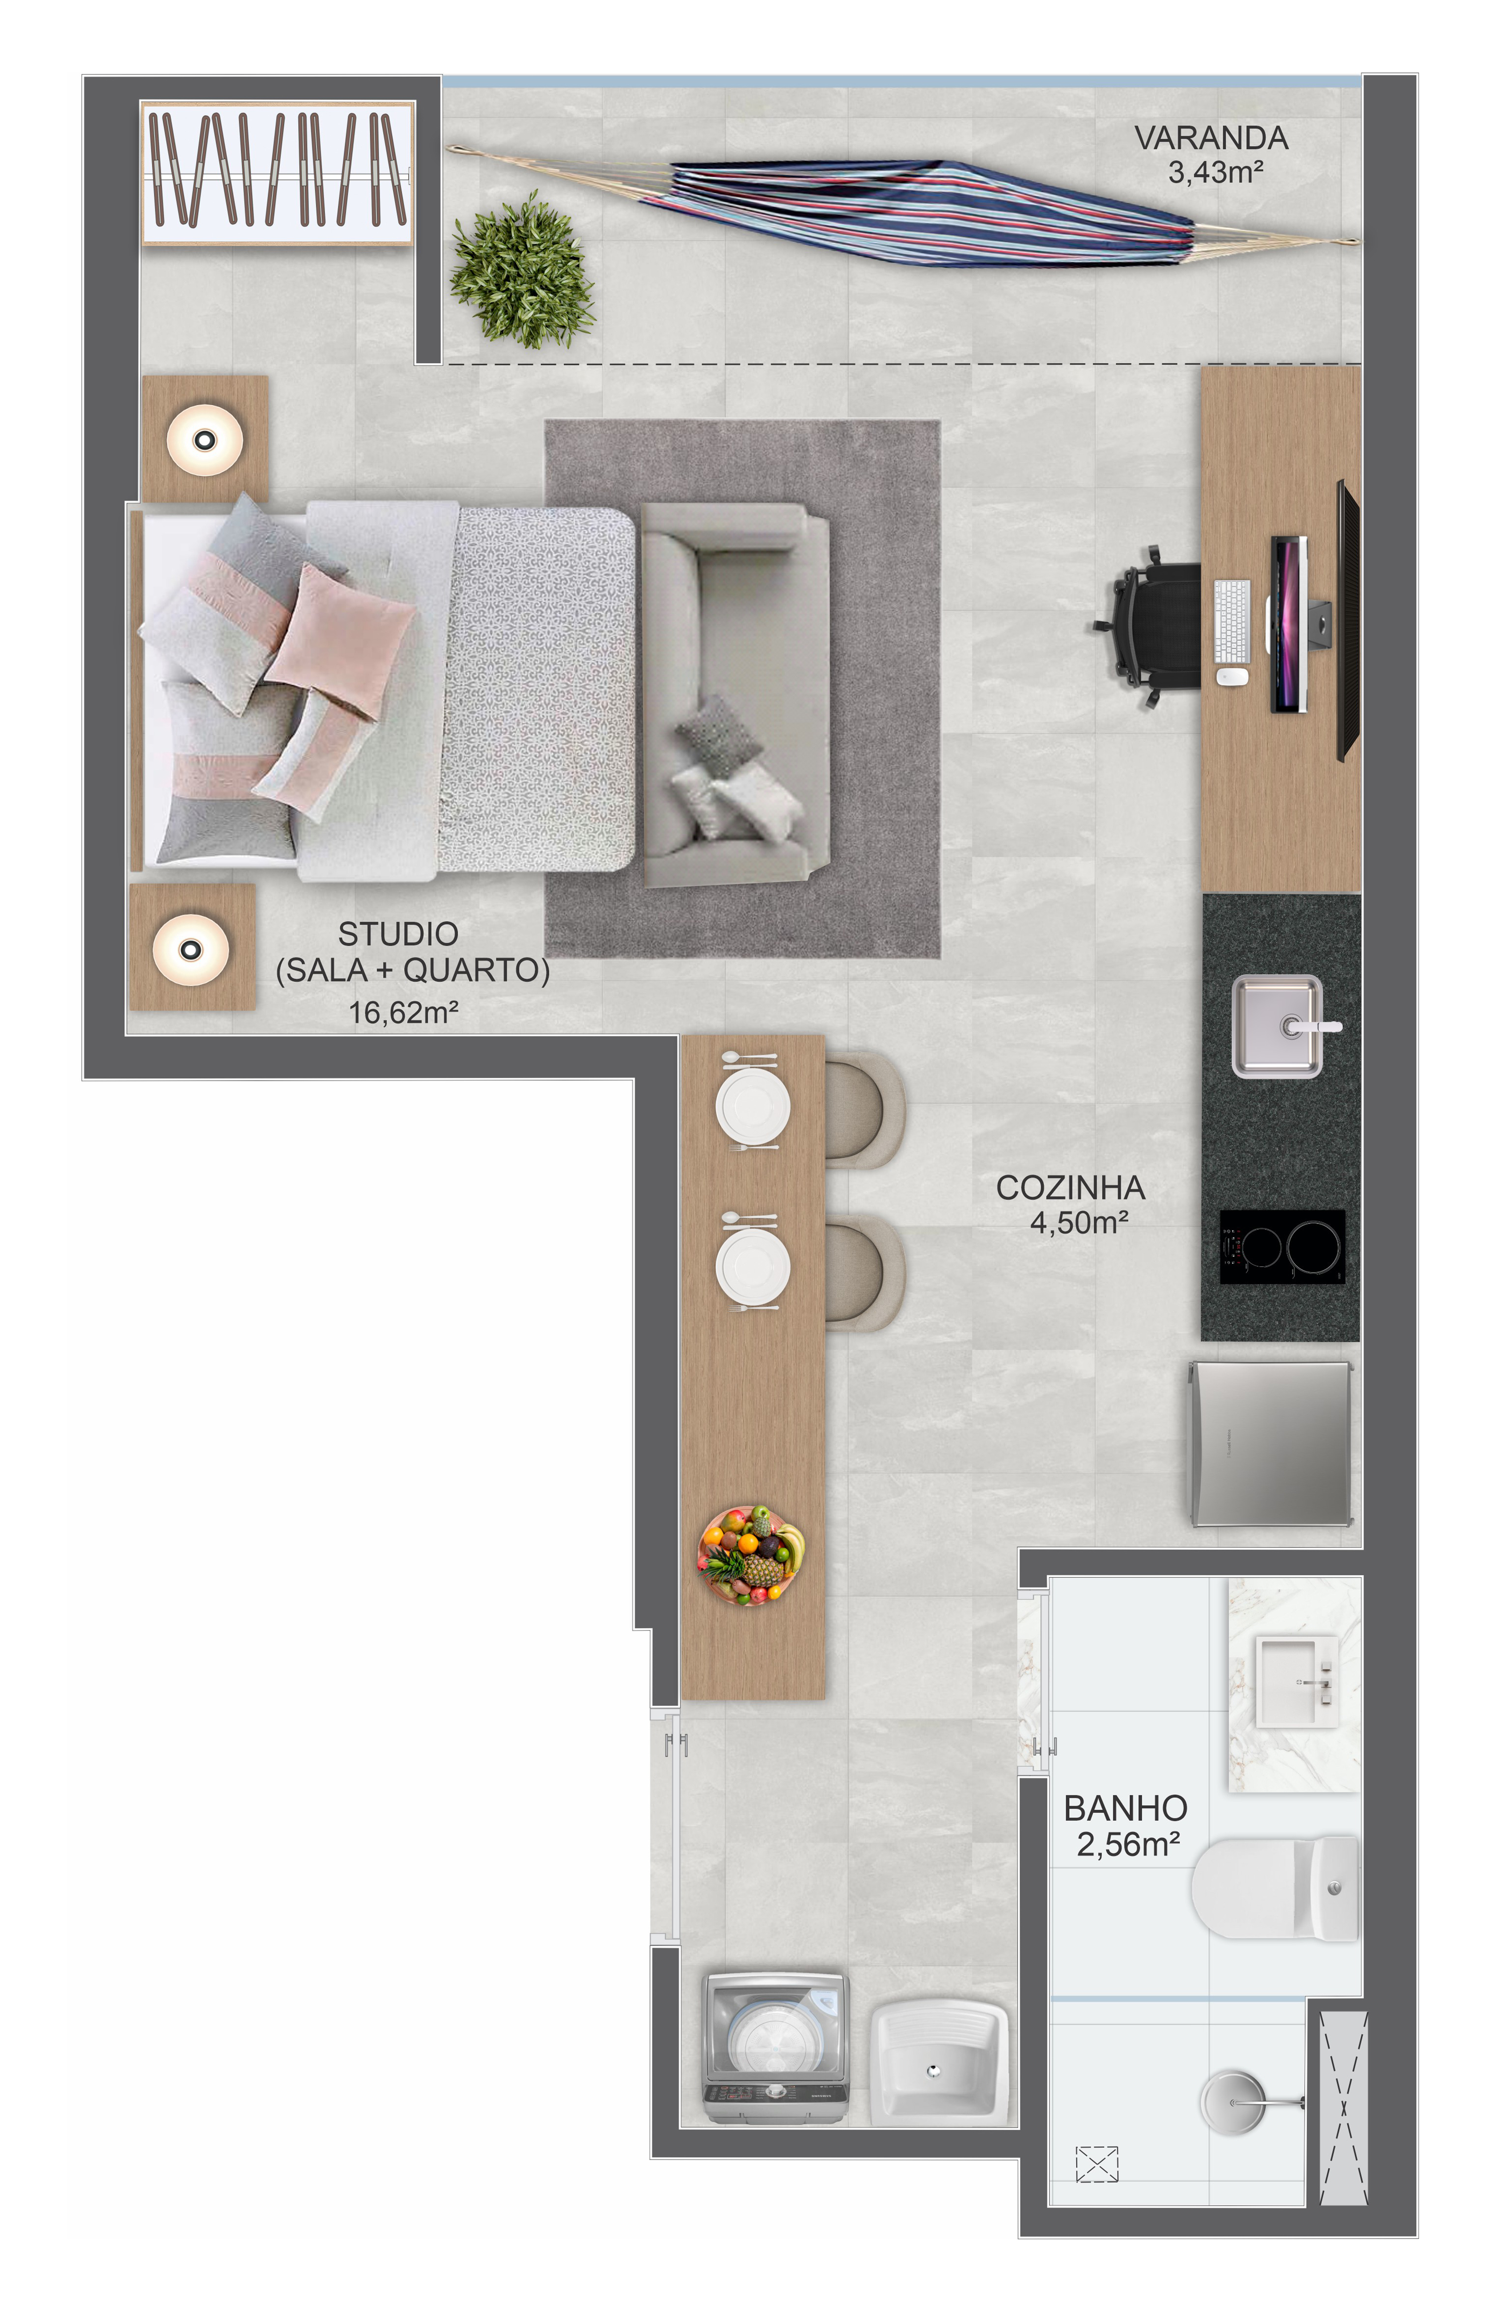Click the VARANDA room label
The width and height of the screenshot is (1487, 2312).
[x=1211, y=138]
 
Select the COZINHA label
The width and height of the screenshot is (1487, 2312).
[x=1071, y=1188]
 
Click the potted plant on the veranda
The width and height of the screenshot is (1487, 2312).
[x=522, y=270]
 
